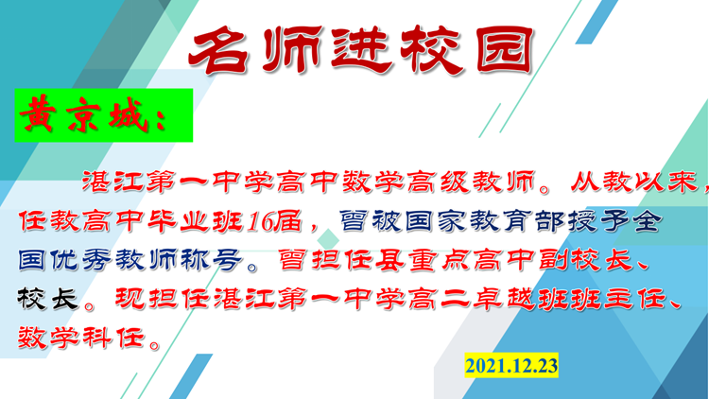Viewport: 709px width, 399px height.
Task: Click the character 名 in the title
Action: pos(219,50)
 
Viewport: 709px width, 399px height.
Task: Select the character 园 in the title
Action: pos(505,50)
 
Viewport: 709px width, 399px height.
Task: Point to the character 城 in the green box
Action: pos(128,114)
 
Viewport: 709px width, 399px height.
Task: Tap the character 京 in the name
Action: pos(83,114)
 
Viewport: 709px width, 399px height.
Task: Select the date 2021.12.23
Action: pos(511,365)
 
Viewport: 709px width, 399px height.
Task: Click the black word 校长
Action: pos(48,299)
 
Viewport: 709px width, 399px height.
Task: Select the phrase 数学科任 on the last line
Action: pos(81,338)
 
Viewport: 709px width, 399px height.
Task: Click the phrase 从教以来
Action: pos(634,182)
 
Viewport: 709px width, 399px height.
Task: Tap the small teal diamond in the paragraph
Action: pos(328,238)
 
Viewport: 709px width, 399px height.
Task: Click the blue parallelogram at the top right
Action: pos(597,22)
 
